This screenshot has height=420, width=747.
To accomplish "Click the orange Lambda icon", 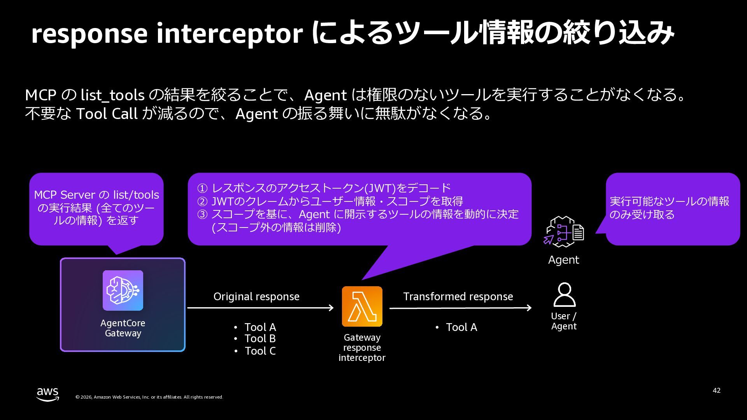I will point(362,306).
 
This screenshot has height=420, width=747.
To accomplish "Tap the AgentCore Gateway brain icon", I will point(123,290).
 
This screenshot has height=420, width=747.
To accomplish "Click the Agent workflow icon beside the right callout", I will point(564,232).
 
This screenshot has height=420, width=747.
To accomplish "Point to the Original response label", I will point(256,296).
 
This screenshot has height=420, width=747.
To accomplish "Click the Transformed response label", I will point(458,296).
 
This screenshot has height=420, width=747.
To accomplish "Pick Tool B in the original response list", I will point(260,339).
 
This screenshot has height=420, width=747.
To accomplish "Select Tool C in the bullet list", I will point(260,351).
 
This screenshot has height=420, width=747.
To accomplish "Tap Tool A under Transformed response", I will point(461,327).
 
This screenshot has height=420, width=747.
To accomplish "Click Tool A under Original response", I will point(260,327).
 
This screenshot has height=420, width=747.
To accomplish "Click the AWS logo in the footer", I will point(48,394).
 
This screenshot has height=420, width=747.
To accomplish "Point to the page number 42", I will point(716,390).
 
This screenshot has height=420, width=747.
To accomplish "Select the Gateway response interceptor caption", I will point(362,348).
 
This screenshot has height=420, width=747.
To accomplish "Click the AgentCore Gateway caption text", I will point(123,328).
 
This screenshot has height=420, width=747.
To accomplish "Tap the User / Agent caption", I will point(564,321).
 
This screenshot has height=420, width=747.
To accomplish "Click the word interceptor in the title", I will point(229,33).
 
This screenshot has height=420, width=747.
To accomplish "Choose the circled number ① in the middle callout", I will point(202,189).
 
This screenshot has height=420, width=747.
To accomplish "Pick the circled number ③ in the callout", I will point(202,214).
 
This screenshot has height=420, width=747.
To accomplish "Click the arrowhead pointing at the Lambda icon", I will point(331,308).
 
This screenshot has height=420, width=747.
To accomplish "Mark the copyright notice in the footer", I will point(149,397).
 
